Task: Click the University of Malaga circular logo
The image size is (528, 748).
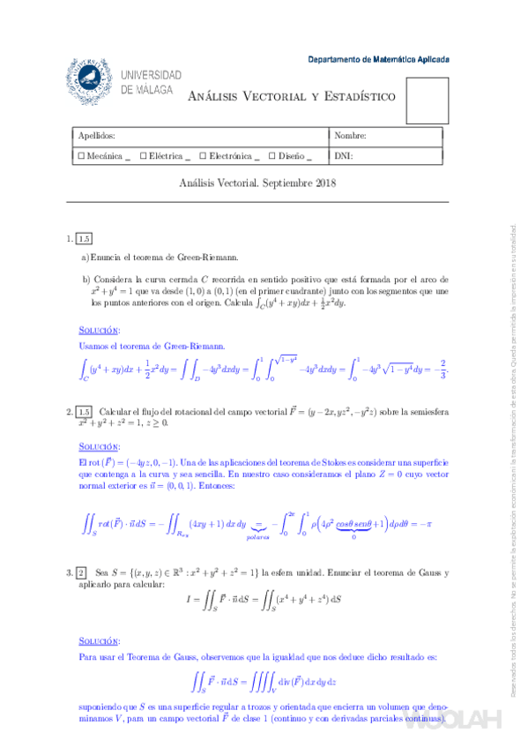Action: click(x=91, y=80)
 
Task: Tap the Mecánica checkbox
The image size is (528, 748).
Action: click(x=82, y=156)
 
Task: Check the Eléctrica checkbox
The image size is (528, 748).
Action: click(x=143, y=156)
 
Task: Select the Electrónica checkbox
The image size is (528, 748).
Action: click(x=202, y=156)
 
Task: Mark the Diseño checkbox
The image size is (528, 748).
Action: click(x=273, y=156)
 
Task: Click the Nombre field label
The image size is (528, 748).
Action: click(x=350, y=136)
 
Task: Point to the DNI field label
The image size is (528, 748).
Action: click(x=343, y=156)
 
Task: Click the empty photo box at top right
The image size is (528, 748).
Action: click(x=427, y=98)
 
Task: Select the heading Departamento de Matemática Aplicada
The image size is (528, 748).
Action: click(x=378, y=60)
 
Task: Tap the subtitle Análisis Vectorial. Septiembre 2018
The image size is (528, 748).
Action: click(x=258, y=183)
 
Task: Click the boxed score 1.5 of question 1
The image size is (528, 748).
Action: click(x=85, y=238)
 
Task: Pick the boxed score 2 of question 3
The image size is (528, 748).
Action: click(x=82, y=573)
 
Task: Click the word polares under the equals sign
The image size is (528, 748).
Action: click(x=258, y=535)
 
